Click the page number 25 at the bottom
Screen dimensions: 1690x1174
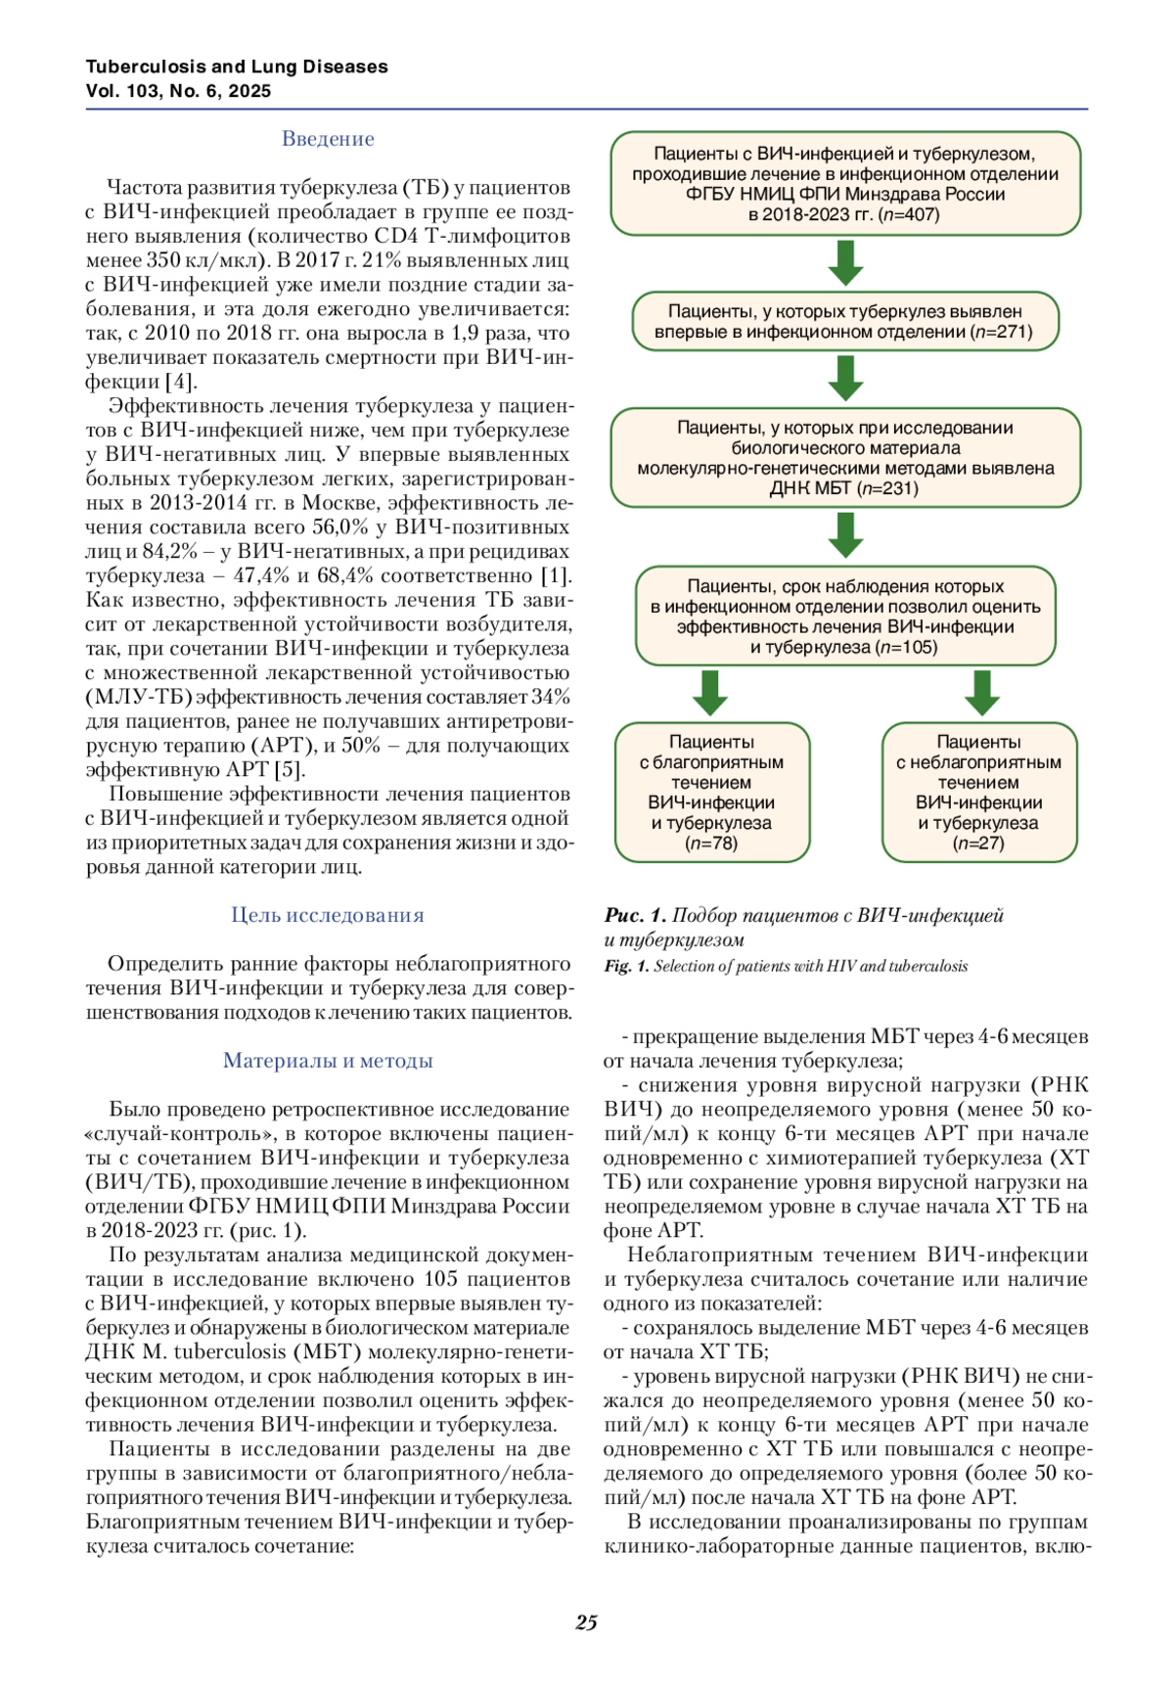click(x=586, y=1622)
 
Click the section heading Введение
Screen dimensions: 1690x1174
click(x=328, y=139)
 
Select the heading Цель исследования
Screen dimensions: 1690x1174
click(x=328, y=915)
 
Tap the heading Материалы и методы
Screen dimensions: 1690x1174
click(x=328, y=1061)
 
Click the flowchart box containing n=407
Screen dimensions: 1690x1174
click(x=845, y=184)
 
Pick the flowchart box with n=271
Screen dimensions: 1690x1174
click(x=845, y=322)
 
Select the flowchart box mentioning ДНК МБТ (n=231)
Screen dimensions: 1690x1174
click(x=845, y=458)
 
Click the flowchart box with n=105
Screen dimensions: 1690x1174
click(x=845, y=617)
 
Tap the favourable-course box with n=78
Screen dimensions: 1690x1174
click(x=711, y=793)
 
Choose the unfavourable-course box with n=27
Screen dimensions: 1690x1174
click(x=978, y=793)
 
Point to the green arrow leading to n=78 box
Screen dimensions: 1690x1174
click(x=710, y=693)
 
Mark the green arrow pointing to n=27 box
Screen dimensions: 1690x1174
click(x=981, y=693)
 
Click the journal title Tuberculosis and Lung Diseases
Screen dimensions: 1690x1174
click(x=237, y=67)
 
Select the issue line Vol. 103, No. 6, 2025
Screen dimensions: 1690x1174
click(x=178, y=91)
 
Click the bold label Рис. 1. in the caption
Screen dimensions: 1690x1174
click(x=635, y=916)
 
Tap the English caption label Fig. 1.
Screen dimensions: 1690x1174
click(x=626, y=967)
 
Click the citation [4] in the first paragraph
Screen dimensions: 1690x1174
click(x=180, y=382)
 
